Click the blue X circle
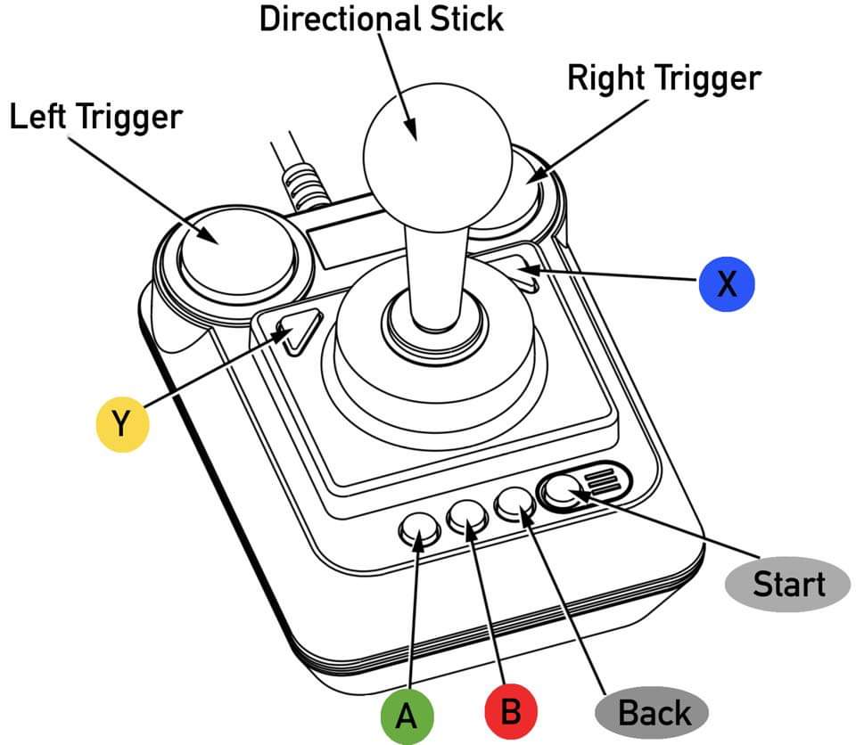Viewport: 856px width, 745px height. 727,283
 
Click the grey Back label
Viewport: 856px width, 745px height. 654,714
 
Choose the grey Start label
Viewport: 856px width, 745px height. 788,584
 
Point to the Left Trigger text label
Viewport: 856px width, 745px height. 95,117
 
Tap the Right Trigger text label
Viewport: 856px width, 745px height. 664,78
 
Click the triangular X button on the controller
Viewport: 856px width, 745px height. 521,272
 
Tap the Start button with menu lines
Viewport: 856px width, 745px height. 584,485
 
